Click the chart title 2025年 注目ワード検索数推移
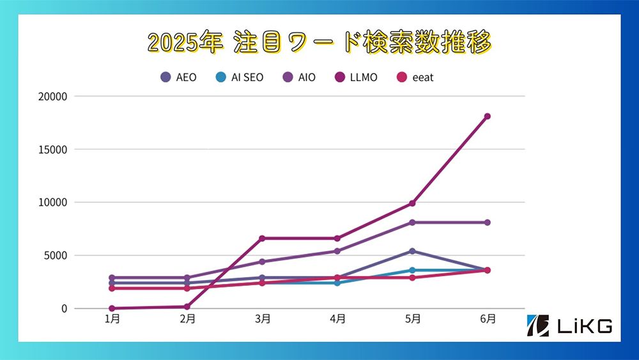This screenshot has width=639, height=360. point(319,43)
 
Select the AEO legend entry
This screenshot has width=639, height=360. point(178,77)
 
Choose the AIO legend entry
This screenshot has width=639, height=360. point(298,77)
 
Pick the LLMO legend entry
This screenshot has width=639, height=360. point(356,77)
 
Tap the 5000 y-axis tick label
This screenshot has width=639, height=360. point(56,256)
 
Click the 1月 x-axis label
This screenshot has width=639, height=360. point(112,318)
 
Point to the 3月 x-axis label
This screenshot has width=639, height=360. point(263,318)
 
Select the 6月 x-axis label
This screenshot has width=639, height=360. point(487,318)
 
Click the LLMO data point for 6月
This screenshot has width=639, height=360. point(487,116)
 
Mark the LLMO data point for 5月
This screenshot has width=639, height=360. point(412,203)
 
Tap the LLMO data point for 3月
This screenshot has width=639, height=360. point(263,239)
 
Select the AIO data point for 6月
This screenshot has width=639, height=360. point(487,223)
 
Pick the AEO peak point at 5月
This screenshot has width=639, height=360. point(412,251)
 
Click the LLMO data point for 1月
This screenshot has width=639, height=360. point(112,308)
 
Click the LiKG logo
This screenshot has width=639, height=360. point(570,325)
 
